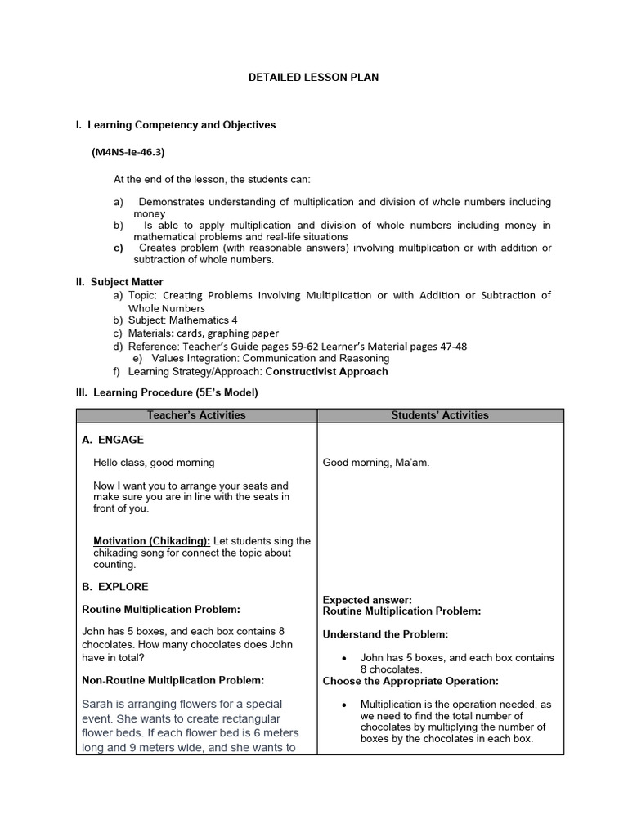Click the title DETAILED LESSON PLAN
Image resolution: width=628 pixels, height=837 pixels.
click(314, 78)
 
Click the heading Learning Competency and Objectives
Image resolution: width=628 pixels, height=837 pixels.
click(182, 125)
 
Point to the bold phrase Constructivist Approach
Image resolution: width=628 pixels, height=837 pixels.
click(327, 371)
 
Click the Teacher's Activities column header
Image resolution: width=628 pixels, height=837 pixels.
click(196, 415)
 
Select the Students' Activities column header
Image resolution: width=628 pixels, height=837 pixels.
click(440, 415)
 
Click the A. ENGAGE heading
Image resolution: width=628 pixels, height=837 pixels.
click(113, 440)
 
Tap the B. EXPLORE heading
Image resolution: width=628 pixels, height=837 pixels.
click(115, 587)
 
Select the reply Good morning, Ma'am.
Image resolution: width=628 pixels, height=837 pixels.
click(376, 463)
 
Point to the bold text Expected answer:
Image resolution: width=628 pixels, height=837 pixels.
click(367, 600)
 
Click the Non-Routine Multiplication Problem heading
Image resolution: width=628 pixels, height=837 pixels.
click(173, 680)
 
